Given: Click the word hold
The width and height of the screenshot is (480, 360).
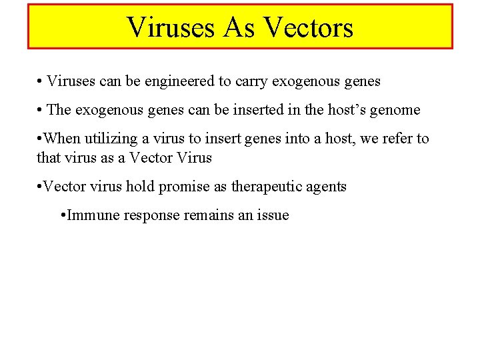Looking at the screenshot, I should [140, 186].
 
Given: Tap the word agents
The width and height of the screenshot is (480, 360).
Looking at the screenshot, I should [325, 187].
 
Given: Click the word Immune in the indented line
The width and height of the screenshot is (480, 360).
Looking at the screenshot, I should [89, 215].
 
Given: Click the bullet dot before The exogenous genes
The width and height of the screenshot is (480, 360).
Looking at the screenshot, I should [41, 110].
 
